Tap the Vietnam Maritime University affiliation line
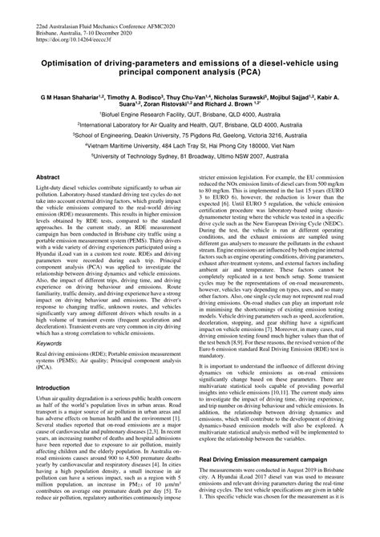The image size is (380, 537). tap(190, 147)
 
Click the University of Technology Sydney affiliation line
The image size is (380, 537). tap(190, 159)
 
